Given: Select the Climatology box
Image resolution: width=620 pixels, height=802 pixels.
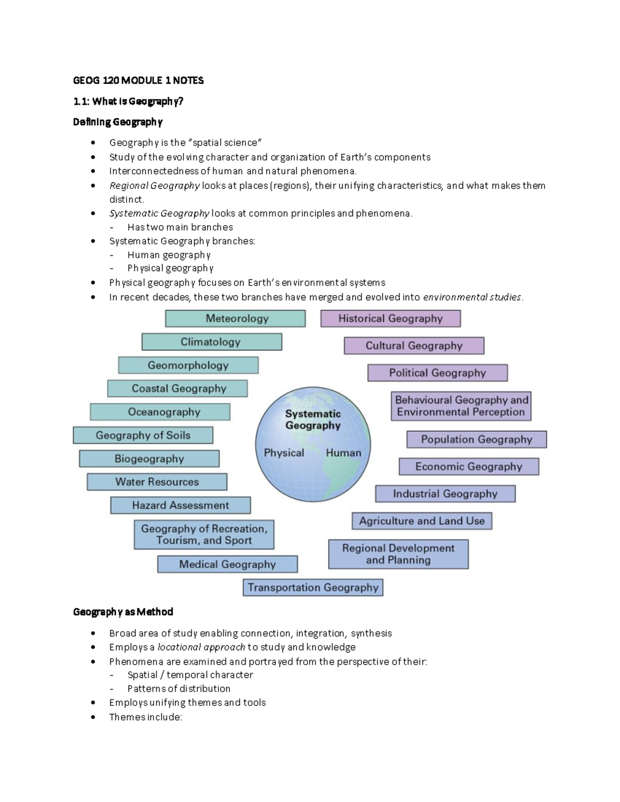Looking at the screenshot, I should tap(212, 342).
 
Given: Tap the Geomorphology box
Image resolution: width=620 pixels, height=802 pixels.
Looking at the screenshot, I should tap(188, 366).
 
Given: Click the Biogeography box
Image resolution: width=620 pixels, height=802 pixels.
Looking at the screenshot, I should tap(149, 459).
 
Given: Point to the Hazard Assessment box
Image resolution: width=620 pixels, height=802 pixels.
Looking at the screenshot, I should tap(180, 505).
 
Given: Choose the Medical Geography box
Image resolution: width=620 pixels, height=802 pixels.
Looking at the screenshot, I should tap(227, 564).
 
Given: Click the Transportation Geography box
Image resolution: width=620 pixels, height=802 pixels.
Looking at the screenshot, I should tap(313, 588).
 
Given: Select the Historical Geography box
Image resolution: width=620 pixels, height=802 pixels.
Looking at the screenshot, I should tap(391, 319).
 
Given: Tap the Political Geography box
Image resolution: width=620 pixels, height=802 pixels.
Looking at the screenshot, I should tap(438, 373).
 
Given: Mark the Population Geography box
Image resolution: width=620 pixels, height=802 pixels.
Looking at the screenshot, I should tap(476, 439).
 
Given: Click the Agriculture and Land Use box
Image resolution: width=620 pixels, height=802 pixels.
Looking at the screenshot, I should tap(422, 521).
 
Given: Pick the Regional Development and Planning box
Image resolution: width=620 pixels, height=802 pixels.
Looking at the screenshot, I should tap(398, 554).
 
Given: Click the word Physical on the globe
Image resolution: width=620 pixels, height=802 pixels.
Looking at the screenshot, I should tap(284, 453).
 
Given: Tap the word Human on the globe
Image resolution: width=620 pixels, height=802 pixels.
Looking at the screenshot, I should tap(344, 453).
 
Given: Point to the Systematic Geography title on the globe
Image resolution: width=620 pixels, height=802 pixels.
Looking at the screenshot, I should tap(313, 419).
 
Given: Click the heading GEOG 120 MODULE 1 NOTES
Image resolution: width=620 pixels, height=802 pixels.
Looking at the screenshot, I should tap(138, 81).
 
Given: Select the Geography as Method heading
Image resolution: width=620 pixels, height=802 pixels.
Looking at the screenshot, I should tap(123, 612).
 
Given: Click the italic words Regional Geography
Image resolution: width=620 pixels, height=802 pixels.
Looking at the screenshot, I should tap(154, 185).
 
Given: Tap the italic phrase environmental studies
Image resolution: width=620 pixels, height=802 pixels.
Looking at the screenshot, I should tap(472, 297).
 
